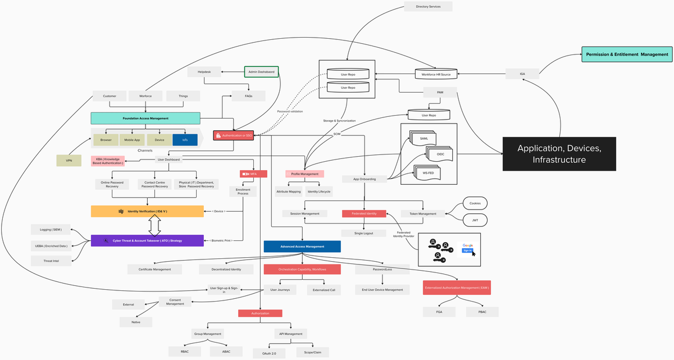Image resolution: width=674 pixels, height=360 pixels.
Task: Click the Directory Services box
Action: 428,7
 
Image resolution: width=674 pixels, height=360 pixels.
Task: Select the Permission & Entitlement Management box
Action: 626,54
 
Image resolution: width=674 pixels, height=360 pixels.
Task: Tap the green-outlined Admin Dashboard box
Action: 261,72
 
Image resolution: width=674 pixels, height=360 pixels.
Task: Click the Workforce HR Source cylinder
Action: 436,74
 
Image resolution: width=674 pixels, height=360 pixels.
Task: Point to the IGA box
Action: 522,73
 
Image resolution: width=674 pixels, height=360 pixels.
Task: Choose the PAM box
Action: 440,92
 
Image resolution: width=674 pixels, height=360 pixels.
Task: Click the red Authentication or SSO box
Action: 234,135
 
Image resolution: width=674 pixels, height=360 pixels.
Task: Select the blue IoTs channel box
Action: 185,139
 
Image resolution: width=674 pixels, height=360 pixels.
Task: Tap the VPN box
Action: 69,161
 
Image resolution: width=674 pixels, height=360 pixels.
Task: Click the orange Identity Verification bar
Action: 147,211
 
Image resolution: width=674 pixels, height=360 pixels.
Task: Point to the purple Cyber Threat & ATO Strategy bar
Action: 147,240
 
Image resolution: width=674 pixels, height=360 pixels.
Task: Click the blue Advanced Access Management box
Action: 302,246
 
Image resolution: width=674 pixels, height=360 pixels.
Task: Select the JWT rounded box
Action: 475,220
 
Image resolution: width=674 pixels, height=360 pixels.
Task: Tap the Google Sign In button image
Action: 467,248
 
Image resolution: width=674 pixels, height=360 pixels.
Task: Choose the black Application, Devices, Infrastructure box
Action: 559,154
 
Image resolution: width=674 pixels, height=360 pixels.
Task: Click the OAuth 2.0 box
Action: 269,353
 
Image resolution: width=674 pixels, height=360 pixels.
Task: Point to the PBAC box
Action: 482,312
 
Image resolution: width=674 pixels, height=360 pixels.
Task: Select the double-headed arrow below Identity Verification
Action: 154,226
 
